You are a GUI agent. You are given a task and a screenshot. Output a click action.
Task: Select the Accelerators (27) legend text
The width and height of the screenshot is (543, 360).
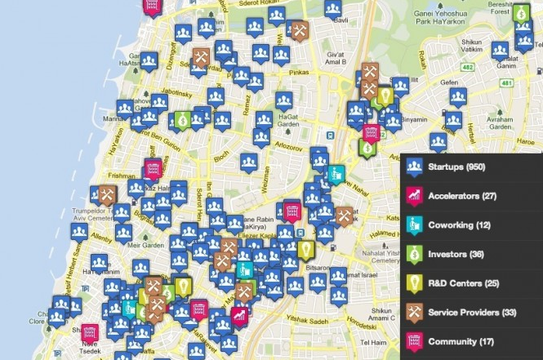(x=462, y=197)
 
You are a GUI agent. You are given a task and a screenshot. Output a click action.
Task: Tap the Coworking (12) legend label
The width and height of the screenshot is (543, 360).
(x=459, y=225)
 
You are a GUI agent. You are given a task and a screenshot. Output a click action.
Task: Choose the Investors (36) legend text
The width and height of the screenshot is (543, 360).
(x=456, y=255)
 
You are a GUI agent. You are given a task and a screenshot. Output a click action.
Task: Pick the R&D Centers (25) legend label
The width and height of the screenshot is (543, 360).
(x=462, y=283)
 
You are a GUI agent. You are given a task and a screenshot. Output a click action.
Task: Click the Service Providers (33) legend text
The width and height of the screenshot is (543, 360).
(x=471, y=312)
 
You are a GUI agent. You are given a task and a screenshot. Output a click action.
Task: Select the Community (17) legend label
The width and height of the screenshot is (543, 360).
(x=461, y=341)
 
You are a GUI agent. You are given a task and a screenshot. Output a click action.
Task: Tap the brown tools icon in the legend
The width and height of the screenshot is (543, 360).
(x=415, y=312)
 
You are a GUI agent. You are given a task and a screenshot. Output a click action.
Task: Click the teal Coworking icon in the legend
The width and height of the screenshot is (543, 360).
(x=415, y=225)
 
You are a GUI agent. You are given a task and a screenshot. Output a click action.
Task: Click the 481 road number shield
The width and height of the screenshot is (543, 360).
(x=508, y=82)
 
